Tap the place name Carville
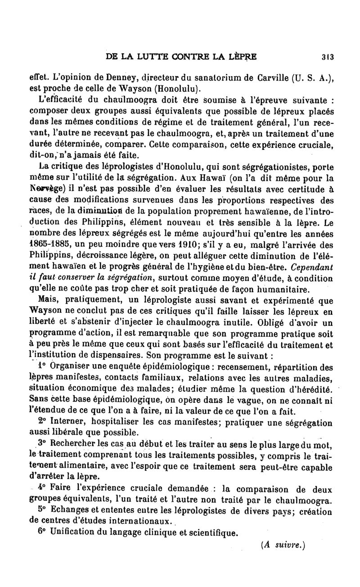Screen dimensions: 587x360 [x=278, y=77]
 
